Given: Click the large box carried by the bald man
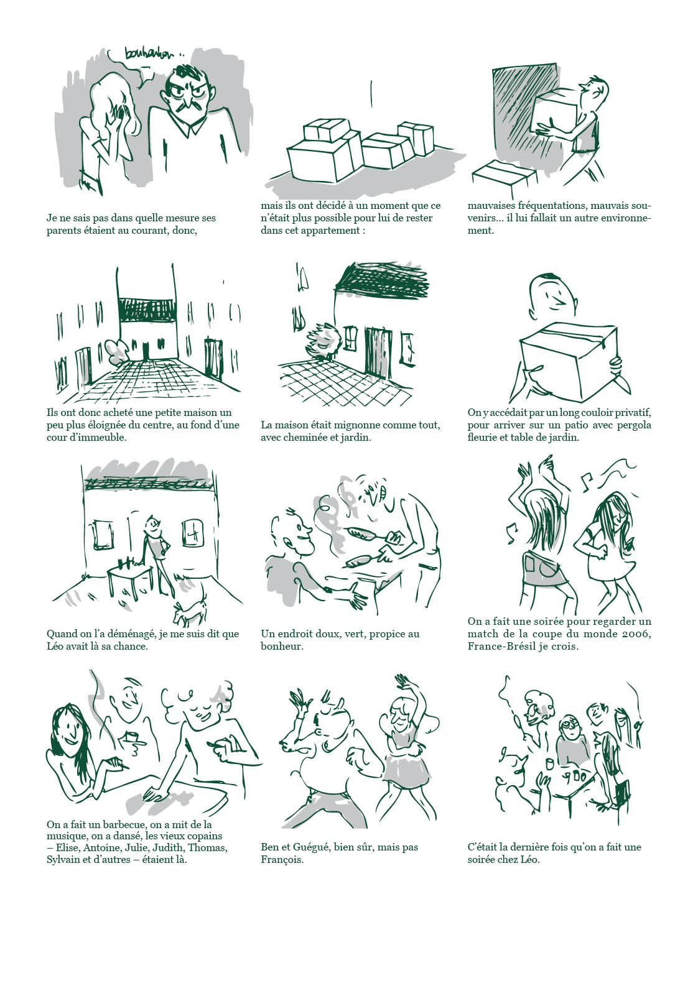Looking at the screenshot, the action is (568, 358).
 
